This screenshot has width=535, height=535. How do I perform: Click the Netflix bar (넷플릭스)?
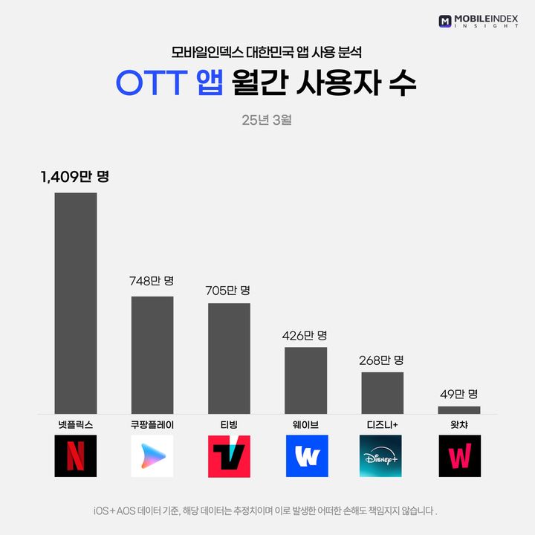[x=76, y=303]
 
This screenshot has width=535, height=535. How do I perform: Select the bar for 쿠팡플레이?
[x=152, y=355]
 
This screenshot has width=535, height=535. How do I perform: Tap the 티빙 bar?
[x=229, y=358]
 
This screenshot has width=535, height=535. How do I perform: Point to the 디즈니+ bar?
[x=382, y=393]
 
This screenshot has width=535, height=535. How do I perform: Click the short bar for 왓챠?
[x=458, y=410]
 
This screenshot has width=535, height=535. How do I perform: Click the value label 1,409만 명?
[x=75, y=177]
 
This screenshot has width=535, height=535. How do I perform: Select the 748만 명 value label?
[x=152, y=282]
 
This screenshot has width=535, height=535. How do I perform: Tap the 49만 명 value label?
[x=458, y=393]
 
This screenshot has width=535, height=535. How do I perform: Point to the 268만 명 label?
[x=382, y=360]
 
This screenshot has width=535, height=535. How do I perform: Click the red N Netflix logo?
[x=76, y=456]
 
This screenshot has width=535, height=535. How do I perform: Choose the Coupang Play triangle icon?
[x=152, y=456]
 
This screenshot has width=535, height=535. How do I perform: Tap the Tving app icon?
[x=229, y=456]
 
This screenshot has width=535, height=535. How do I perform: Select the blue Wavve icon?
[x=305, y=456]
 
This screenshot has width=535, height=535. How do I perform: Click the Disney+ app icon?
[x=382, y=456]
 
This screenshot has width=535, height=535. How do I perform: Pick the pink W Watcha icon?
[x=458, y=456]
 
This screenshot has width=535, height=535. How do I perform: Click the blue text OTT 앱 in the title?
[x=169, y=82]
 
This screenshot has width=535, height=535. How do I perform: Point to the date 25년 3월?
[x=267, y=120]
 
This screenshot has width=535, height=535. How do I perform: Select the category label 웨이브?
[x=305, y=426]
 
